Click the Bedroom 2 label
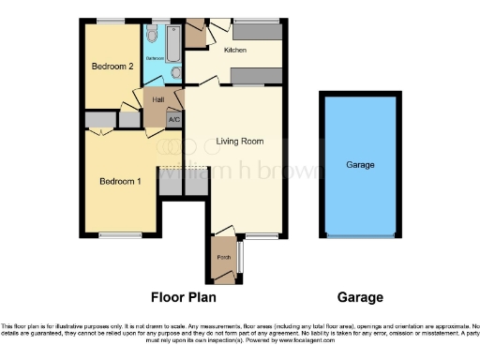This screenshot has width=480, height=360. (117, 67)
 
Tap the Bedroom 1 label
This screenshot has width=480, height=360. (120, 181)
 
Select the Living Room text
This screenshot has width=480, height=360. (240, 142)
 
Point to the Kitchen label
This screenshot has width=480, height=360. (234, 50)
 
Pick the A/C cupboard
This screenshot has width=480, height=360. (174, 119)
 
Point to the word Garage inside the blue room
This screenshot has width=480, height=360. (361, 165)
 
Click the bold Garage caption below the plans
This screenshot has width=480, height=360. (361, 298)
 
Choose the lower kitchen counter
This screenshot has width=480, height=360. (256, 75)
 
